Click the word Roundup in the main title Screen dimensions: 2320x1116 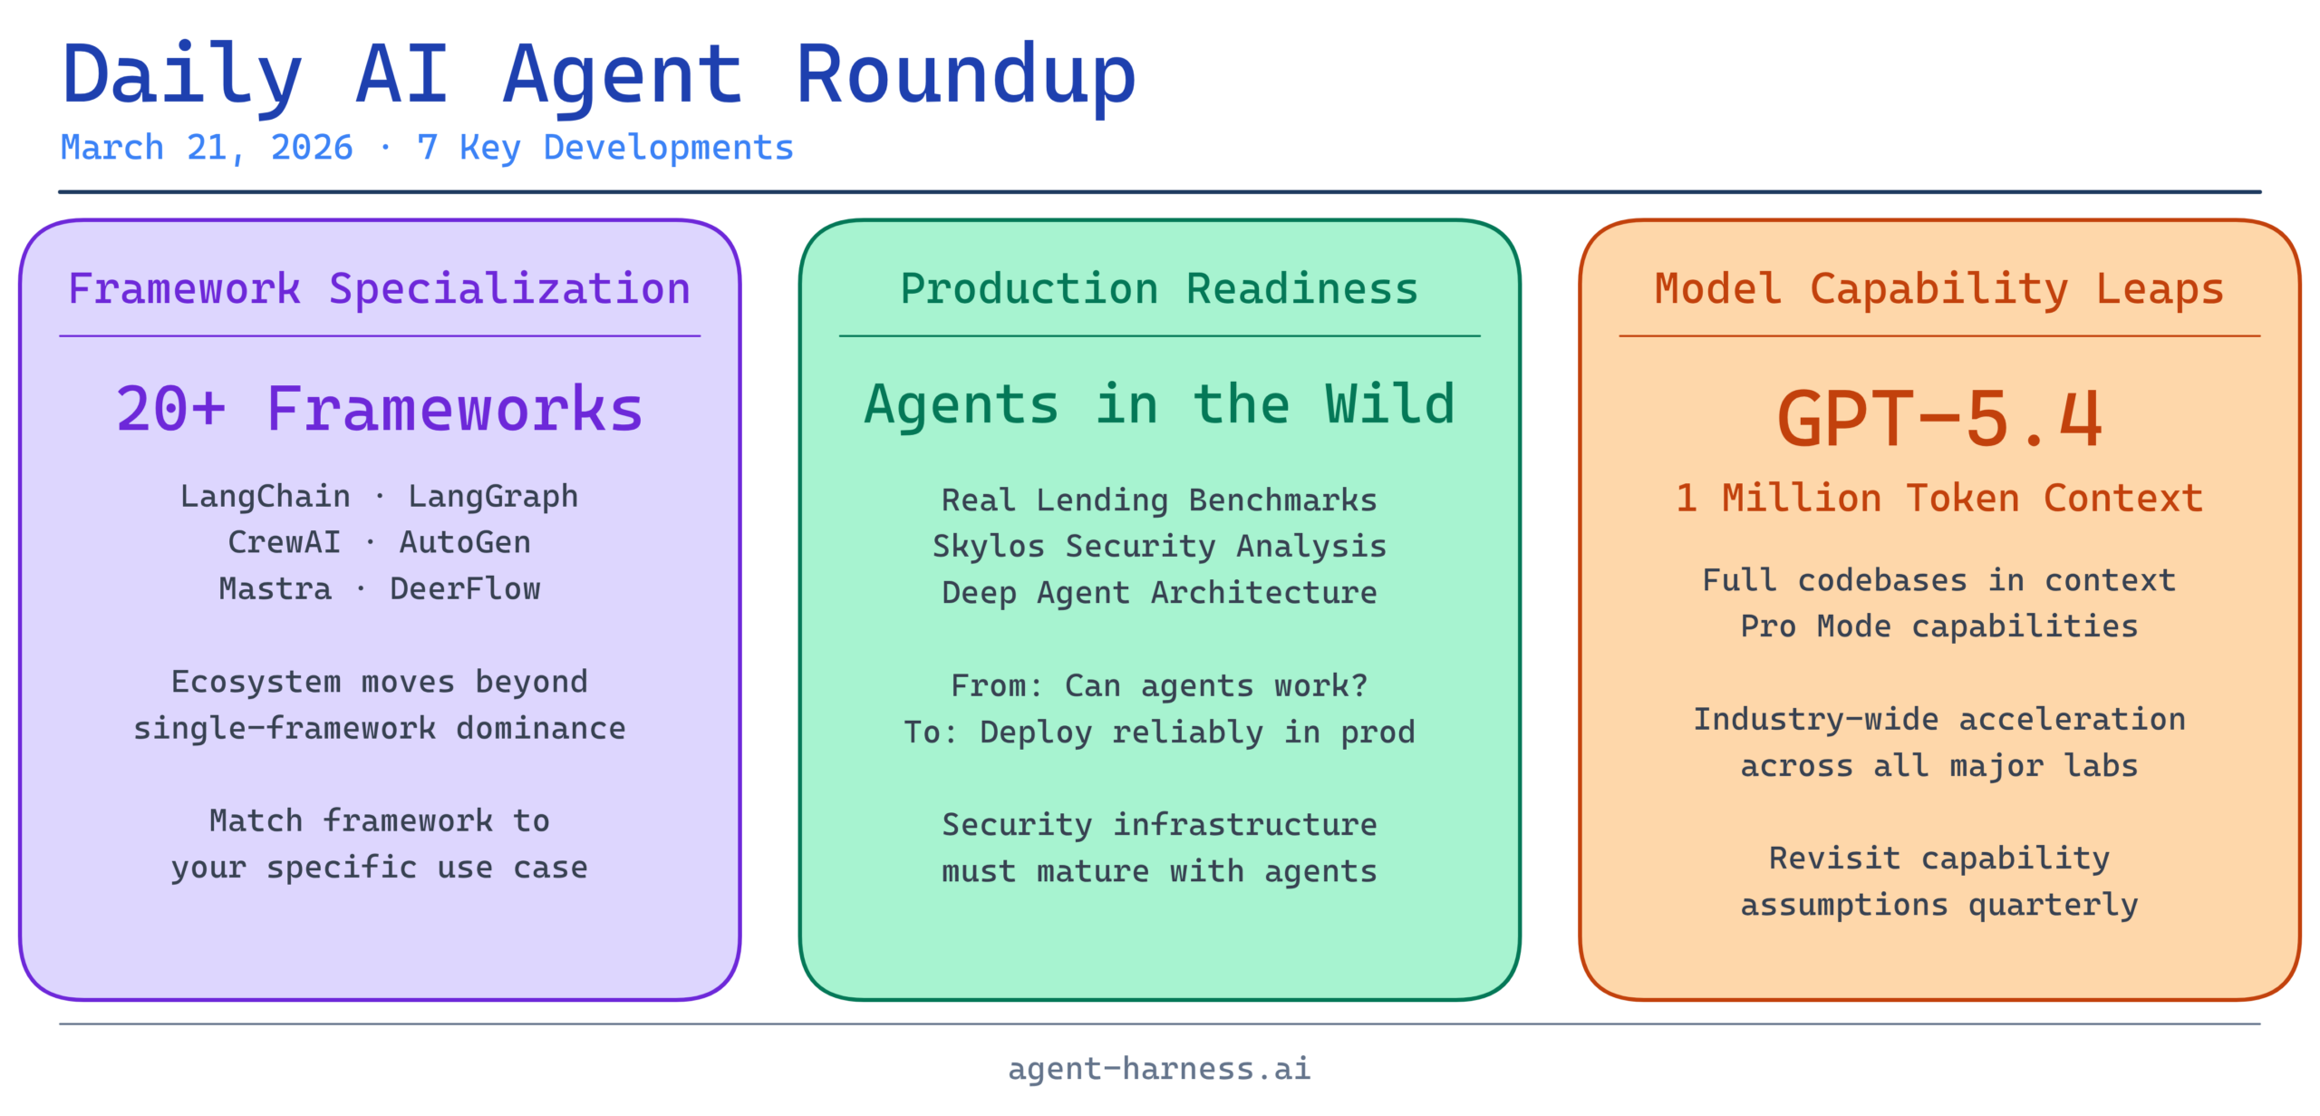[x=965, y=76]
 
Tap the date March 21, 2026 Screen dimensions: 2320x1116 [x=207, y=149]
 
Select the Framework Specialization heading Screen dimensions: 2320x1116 [x=380, y=290]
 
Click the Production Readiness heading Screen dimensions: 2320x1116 [x=1159, y=290]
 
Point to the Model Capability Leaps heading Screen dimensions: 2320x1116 [x=1939, y=290]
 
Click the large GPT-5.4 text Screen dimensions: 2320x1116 [x=1939, y=419]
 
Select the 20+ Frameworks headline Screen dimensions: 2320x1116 [x=380, y=410]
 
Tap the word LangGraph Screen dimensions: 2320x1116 [x=493, y=498]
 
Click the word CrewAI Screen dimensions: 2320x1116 [x=285, y=542]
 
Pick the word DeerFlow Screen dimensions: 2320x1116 [x=465, y=589]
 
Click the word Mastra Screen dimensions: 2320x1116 [x=275, y=589]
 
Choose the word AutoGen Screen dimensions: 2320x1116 [x=465, y=542]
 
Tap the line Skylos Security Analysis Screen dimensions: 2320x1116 [x=1159, y=547]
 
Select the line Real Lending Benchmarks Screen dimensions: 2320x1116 [x=1159, y=500]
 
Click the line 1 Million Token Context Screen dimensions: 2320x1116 [x=1939, y=499]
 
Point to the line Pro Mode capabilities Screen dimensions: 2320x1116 [x=1939, y=626]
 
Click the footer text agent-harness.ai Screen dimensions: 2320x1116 [x=1159, y=1069]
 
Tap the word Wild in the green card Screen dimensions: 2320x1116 [x=1390, y=404]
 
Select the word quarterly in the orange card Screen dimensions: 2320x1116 [x=2054, y=906]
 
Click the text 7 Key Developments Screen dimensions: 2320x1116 [x=605, y=149]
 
